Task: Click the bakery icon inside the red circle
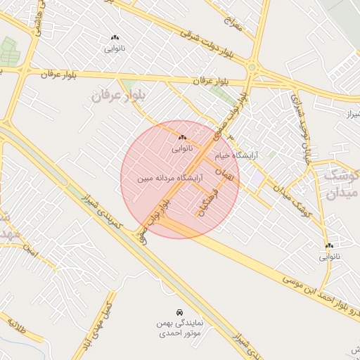(182, 137)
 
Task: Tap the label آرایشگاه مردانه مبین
(164, 179)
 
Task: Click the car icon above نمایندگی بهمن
(179, 311)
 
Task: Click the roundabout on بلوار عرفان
(251, 67)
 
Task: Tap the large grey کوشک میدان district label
(342, 182)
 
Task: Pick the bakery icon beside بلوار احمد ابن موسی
(329, 245)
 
